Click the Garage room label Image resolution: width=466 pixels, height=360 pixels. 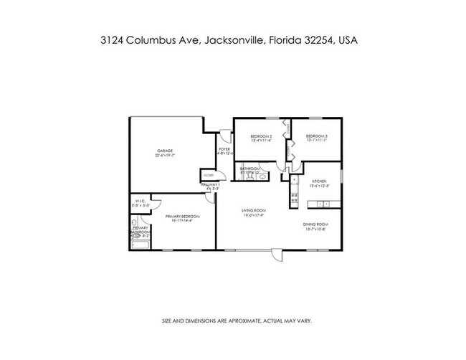pos(165,151)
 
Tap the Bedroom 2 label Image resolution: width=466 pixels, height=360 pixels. pos(260,137)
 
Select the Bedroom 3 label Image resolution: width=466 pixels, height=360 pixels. pos(315,137)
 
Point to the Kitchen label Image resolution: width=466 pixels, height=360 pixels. pos(319,181)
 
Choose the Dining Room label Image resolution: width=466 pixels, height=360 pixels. pos(315,225)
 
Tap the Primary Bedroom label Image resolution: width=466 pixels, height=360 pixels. pos(182,216)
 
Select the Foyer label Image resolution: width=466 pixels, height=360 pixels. pos(224,149)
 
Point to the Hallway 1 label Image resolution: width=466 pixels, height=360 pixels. pos(209,185)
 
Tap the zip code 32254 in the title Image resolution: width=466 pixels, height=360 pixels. pos(315,42)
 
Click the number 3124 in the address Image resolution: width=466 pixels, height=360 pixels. pos(114,42)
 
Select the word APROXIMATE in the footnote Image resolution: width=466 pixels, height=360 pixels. pos(245,320)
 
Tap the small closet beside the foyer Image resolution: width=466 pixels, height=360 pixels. pos(208,175)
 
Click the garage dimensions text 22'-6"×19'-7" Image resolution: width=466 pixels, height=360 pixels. pos(166,155)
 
